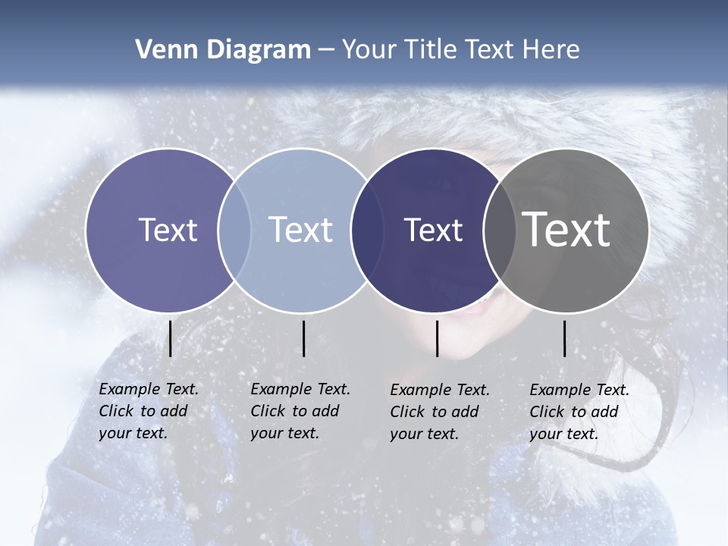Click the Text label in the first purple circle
168,230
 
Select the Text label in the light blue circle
301,230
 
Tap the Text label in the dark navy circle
434,230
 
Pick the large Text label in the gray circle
566,230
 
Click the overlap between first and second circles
234,230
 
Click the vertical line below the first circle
170,338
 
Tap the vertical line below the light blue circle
303,338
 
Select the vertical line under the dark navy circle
437,338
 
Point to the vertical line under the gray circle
565,338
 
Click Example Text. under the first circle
149,389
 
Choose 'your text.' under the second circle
284,433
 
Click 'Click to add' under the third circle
435,412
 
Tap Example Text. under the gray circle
579,390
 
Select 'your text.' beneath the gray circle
563,434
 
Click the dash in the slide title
326,50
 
